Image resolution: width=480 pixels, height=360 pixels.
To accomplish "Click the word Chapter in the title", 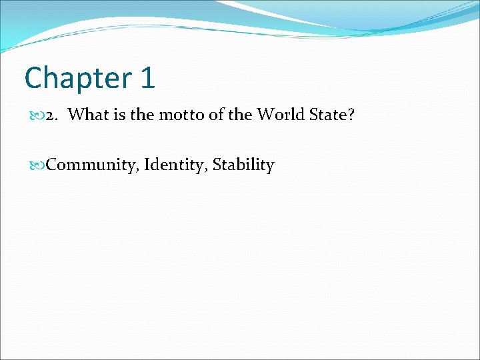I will [78, 77].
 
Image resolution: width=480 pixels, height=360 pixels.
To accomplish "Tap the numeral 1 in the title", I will [147, 77].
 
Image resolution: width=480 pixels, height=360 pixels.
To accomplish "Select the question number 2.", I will [51, 115].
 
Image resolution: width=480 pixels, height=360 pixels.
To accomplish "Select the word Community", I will [90, 165].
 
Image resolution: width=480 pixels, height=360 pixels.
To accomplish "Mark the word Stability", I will [243, 165].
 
